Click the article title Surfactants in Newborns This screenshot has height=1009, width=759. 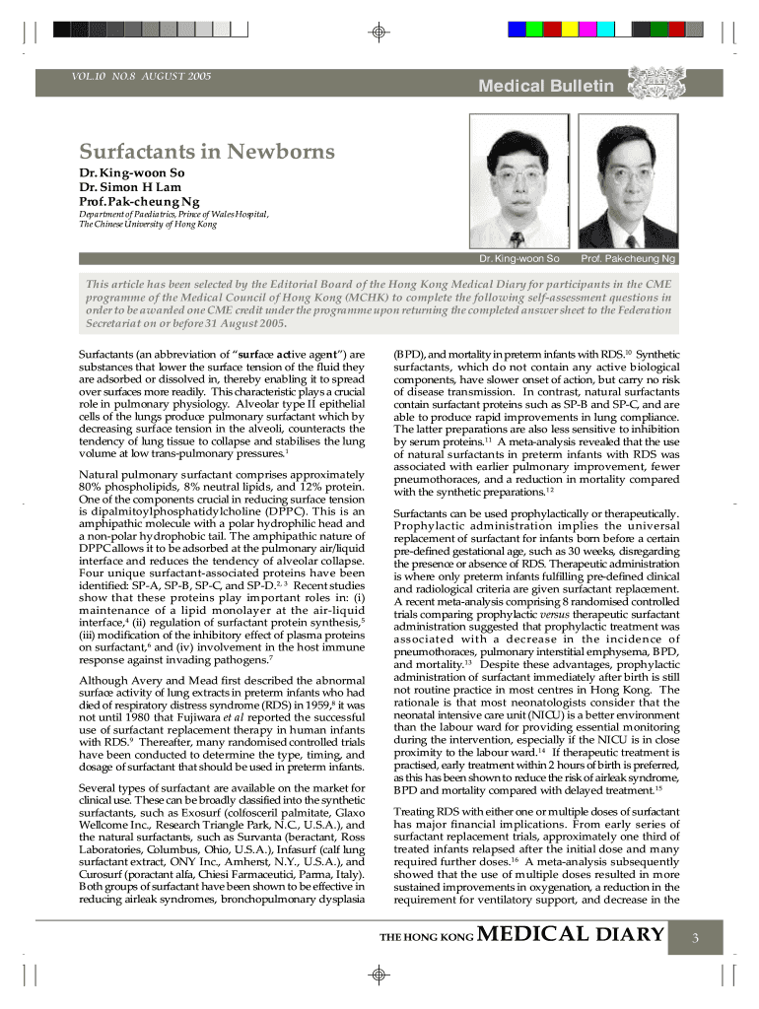pos(207,153)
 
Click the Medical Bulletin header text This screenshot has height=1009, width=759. pos(545,87)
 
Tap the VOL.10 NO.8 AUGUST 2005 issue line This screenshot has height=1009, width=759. pos(141,76)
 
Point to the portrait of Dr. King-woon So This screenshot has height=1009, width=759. pos(518,180)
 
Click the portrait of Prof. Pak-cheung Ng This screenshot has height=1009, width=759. pos(627,180)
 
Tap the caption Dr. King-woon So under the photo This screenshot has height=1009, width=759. pos(518,259)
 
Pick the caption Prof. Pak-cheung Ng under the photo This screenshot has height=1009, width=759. pos(628,259)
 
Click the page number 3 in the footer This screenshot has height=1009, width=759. pos(694,937)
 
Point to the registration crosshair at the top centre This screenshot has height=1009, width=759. pos(378,32)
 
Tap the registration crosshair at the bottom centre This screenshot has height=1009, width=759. pos(378,975)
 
